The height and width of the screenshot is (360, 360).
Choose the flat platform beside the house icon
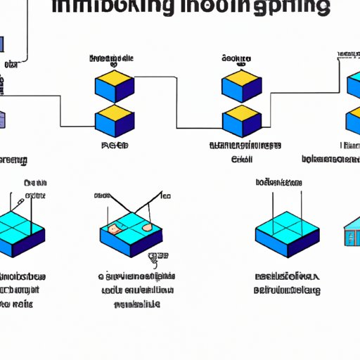[288, 233]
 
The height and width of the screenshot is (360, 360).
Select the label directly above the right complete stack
[238, 59]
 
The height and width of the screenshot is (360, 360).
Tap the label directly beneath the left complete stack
[114, 146]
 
